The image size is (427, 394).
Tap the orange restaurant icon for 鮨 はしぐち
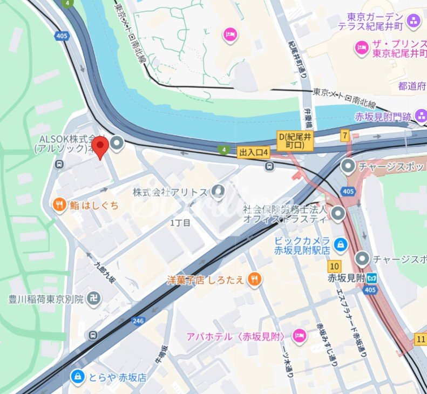pos(60,205)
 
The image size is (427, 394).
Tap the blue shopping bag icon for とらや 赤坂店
pos(78,376)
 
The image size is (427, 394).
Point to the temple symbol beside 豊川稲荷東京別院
pos(94,298)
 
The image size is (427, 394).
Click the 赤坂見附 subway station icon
pos(371,278)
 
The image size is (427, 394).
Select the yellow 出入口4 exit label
pos(253,153)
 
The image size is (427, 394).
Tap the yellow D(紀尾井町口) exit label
pos(295,141)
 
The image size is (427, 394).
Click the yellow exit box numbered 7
pos(344,136)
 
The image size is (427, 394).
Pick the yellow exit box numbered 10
pos(334,266)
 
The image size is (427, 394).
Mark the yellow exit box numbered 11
pos(421,338)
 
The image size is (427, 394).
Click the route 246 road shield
pos(139,321)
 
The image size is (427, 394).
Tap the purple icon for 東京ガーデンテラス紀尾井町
pos(414,21)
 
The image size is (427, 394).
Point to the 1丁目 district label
pos(180,223)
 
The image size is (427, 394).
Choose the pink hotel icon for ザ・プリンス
pos(361,48)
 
